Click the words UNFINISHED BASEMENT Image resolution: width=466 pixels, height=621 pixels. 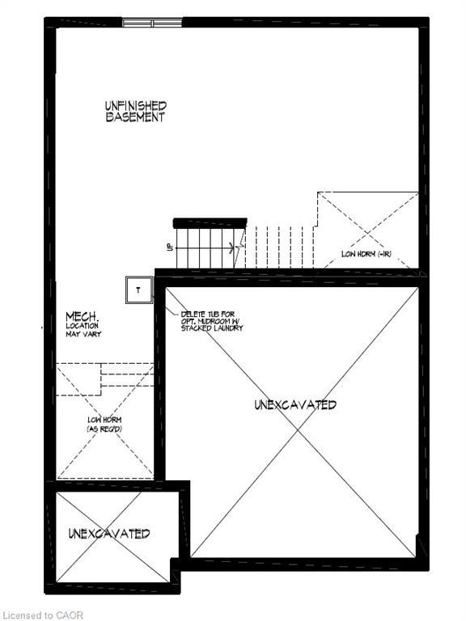pos(136,111)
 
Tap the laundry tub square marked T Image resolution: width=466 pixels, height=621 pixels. pos(138,289)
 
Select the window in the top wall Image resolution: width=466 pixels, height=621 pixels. pos(153,23)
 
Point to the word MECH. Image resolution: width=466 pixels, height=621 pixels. pos(83,315)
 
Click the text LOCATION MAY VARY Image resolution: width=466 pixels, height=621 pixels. pos(84,329)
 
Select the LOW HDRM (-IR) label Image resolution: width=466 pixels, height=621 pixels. pos(366,254)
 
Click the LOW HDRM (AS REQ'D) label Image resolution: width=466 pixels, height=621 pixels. pos(104,423)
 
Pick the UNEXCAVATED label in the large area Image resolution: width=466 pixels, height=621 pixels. pos(295,404)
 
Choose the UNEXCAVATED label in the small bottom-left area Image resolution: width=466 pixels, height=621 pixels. pos(108,534)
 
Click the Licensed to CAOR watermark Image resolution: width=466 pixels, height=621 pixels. pos(42,615)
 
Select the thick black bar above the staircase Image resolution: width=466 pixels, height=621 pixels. pos(210,222)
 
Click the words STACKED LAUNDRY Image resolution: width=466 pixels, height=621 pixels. pos(212,329)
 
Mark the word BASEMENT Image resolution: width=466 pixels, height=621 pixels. pos(135,116)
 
